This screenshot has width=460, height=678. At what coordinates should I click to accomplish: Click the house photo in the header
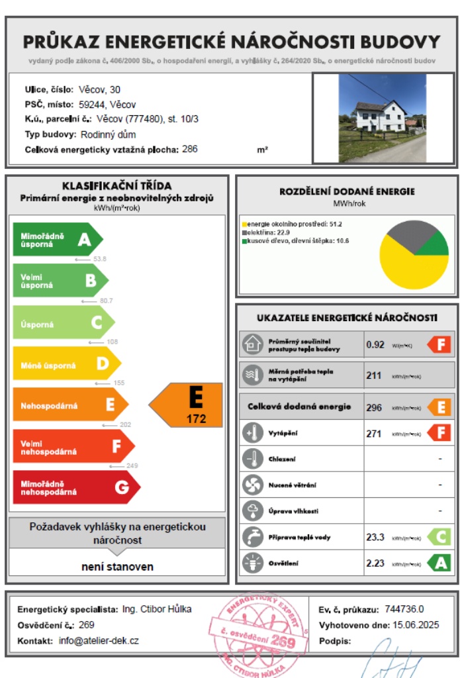383,119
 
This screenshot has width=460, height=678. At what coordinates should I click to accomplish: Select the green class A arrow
57,240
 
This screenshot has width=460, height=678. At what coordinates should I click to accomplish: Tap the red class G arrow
75,487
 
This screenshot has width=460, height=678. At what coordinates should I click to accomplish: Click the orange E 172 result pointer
188,405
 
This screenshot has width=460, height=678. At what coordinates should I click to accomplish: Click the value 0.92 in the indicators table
375,344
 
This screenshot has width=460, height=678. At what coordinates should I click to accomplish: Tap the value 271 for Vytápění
374,434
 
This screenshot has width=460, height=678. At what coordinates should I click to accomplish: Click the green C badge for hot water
439,537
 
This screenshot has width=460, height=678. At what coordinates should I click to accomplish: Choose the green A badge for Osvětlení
439,563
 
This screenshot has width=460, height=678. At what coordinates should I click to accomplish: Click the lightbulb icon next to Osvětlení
252,563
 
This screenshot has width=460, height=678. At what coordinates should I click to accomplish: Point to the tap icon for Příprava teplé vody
252,537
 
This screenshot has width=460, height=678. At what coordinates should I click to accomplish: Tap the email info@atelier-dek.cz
99,641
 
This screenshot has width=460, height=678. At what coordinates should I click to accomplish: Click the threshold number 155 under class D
119,383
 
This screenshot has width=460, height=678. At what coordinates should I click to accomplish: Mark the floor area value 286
190,149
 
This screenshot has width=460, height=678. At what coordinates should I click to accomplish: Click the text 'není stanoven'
118,567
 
